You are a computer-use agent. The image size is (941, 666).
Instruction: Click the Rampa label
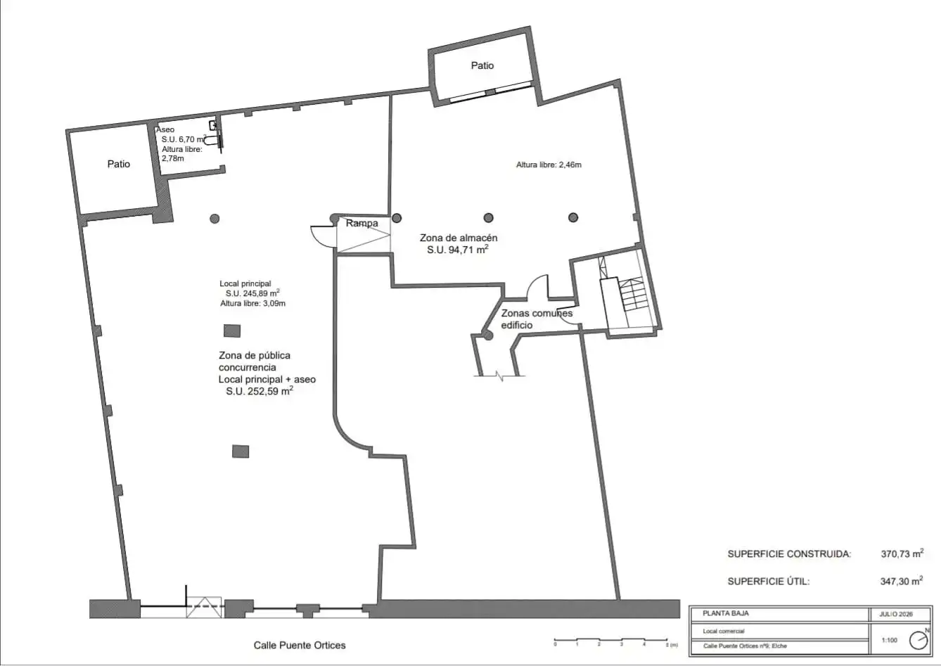coord(361,223)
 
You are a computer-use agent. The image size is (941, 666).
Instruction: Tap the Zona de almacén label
coord(459,238)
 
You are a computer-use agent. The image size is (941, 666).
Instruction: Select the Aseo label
coord(165,129)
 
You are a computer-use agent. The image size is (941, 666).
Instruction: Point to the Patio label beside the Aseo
coord(118,164)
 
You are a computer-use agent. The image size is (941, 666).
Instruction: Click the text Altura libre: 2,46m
coord(549,165)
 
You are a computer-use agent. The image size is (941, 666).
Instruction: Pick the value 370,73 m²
coord(902,553)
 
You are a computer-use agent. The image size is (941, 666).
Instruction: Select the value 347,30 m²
coord(902,581)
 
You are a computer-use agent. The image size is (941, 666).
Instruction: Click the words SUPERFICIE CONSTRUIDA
coord(789,553)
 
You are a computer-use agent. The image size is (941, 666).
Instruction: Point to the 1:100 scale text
coord(890,640)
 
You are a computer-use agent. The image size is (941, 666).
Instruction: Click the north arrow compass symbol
coord(918,641)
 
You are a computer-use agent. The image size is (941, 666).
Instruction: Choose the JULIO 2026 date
coord(896,614)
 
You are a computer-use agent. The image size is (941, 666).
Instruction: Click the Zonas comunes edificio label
coord(537,319)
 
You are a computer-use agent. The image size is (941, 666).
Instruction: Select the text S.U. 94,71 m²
coord(457,250)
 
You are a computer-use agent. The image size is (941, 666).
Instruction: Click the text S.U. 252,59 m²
coord(260,391)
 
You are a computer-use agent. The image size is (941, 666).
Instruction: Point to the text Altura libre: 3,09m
coord(253,303)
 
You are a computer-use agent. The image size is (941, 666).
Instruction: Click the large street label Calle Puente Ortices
coord(300,645)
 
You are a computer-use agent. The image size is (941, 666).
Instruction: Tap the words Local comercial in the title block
coord(724,631)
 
